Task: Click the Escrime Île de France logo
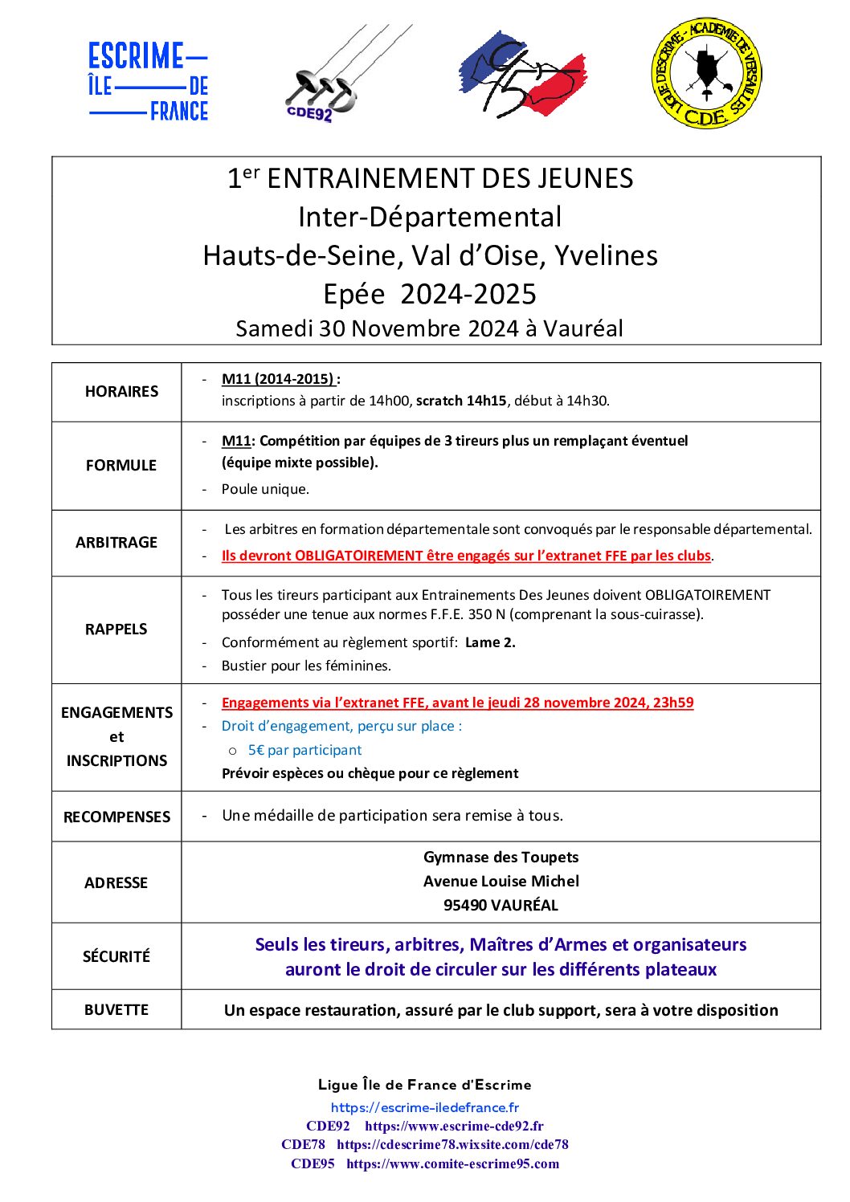[x=149, y=82]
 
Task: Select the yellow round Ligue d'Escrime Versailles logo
[x=706, y=73]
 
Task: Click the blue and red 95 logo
[x=521, y=75]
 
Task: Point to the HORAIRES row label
[x=121, y=392]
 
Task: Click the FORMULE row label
[x=121, y=466]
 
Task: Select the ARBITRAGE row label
[x=116, y=543]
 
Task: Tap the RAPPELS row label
[x=116, y=630]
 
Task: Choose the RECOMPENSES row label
[x=116, y=817]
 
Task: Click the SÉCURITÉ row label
[x=116, y=957]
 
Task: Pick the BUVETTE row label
[x=116, y=1010]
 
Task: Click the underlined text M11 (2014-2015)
[x=278, y=379]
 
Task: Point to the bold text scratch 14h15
[x=461, y=401]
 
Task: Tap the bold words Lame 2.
[x=490, y=642]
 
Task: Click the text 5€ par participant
[x=304, y=750]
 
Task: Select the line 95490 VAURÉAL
[x=501, y=905]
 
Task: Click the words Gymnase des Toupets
[x=501, y=858]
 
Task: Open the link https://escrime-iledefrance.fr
[x=425, y=1107]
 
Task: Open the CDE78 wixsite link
[x=452, y=1144]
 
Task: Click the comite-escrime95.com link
[x=452, y=1163]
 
